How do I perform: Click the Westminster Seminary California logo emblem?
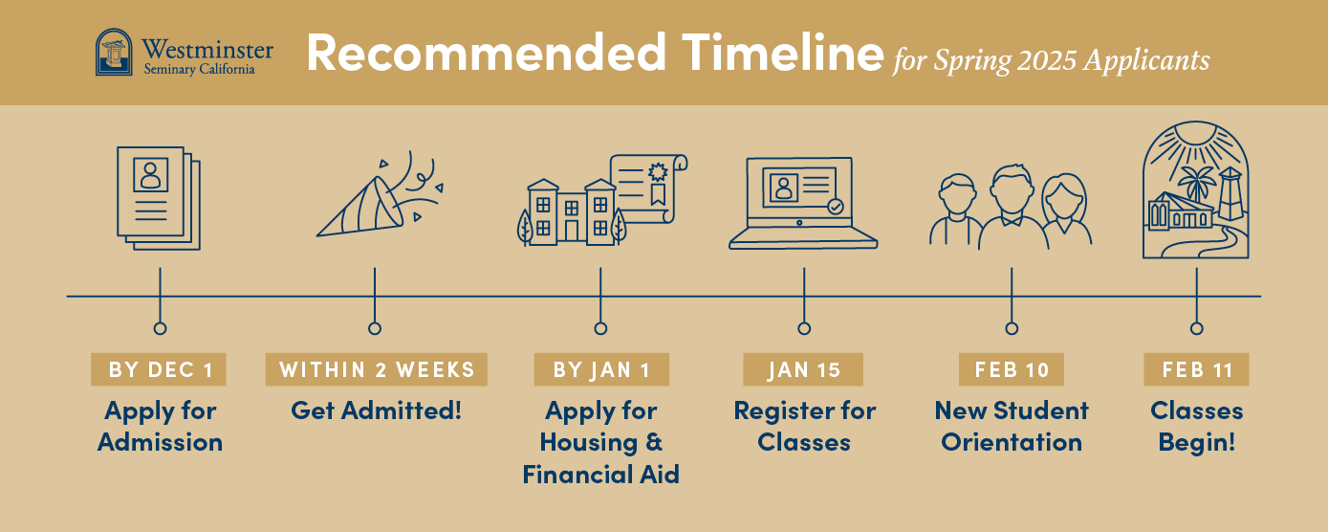pyautogui.click(x=115, y=52)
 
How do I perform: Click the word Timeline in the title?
pyautogui.click(x=774, y=54)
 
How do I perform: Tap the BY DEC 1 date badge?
pyautogui.click(x=159, y=369)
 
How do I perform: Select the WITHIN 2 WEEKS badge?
pyautogui.click(x=377, y=369)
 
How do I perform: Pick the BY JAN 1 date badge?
pyautogui.click(x=600, y=369)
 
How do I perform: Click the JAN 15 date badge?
pyautogui.click(x=803, y=369)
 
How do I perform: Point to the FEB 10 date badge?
pyautogui.click(x=1012, y=369)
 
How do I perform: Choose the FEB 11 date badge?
pyautogui.click(x=1196, y=369)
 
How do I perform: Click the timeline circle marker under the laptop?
pyautogui.click(x=804, y=328)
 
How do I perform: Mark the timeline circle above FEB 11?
pyautogui.click(x=1196, y=328)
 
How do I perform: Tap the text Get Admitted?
pyautogui.click(x=377, y=411)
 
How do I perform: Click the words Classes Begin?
pyautogui.click(x=1196, y=427)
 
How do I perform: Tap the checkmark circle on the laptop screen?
pyautogui.click(x=836, y=206)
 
